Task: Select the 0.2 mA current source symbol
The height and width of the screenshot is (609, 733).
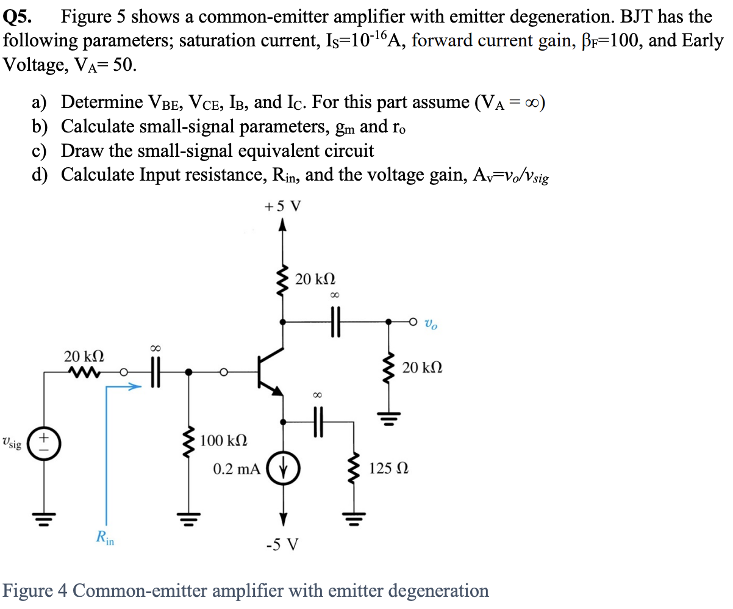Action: [x=282, y=470]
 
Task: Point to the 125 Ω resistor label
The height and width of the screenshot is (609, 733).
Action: [x=388, y=469]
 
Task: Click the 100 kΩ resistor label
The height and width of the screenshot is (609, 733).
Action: [x=223, y=440]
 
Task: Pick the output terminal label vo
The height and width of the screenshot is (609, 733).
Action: [x=431, y=323]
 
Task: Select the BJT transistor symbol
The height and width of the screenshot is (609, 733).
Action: [x=268, y=370]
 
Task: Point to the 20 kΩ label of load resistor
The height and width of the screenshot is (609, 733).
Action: [x=423, y=368]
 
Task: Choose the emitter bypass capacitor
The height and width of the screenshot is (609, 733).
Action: [x=316, y=420]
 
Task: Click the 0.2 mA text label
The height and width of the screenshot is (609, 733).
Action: [x=237, y=469]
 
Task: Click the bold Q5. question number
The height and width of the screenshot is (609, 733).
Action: [x=18, y=17]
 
